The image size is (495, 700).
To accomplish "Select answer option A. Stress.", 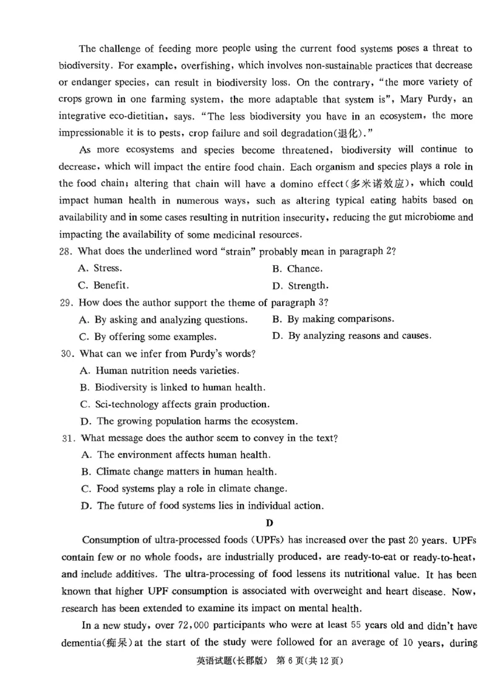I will pyautogui.click(x=100, y=269).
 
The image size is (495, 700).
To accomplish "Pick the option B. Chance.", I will pyautogui.click(x=297, y=269).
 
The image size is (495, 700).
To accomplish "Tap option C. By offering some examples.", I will pyautogui.click(x=148, y=337).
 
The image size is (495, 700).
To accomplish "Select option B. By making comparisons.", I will pyautogui.click(x=332, y=319).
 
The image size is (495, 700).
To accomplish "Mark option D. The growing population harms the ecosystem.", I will pyautogui.click(x=189, y=421).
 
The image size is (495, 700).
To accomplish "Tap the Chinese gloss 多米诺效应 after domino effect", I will pyautogui.click(x=384, y=183).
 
